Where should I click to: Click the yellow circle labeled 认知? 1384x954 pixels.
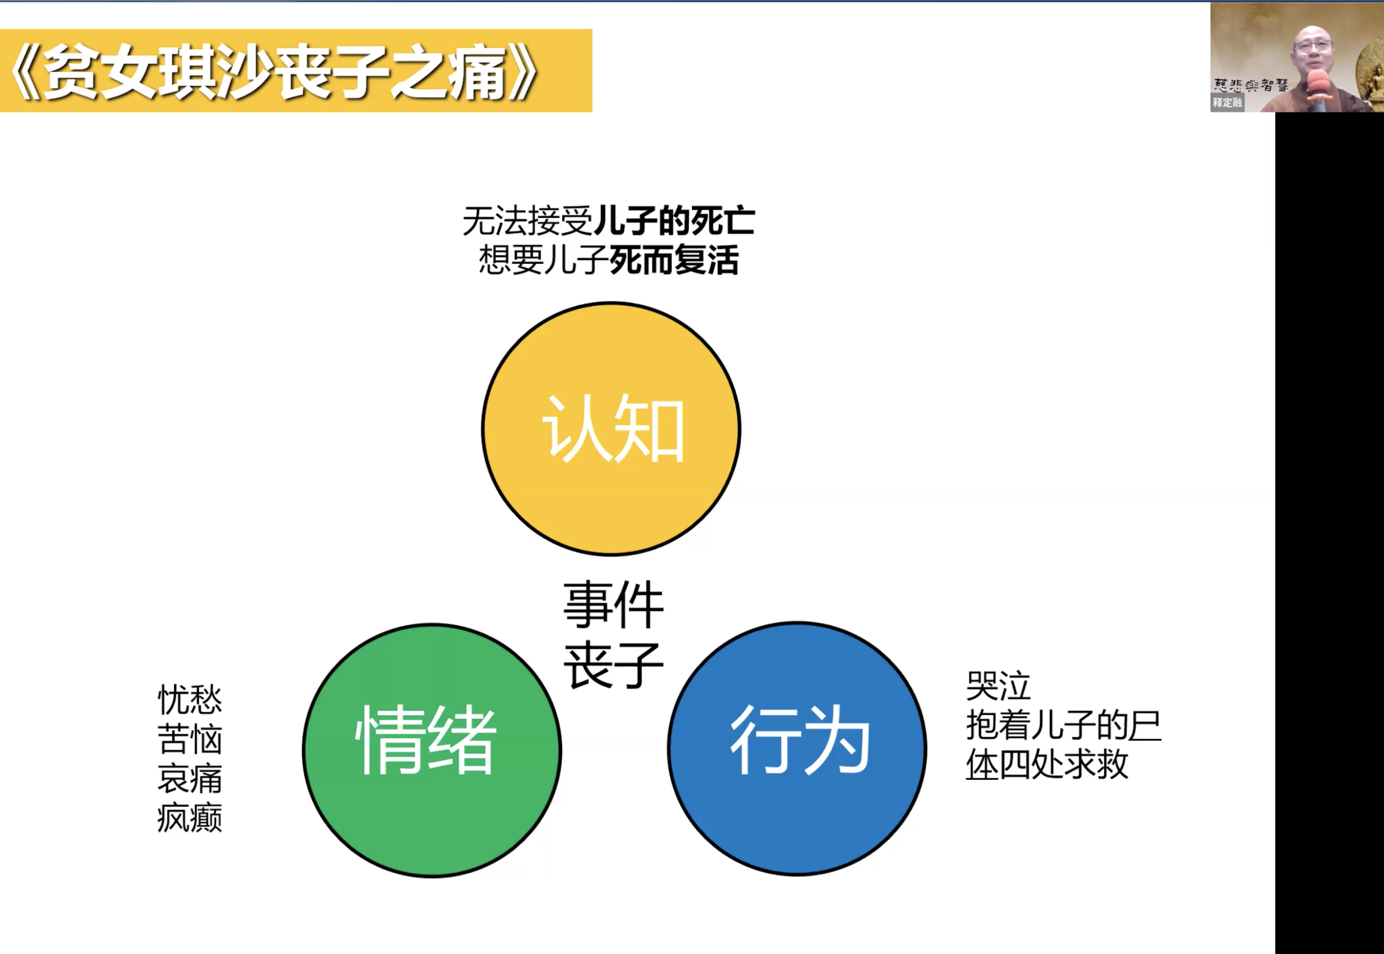click(x=611, y=428)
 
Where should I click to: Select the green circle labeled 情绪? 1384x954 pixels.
click(x=431, y=750)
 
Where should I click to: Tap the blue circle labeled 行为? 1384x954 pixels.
click(x=797, y=748)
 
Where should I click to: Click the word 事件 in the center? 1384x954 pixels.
click(x=613, y=605)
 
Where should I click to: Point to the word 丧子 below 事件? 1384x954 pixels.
click(x=613, y=665)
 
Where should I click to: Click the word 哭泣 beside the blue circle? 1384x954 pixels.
click(x=999, y=686)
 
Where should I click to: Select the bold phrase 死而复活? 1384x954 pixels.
click(x=674, y=260)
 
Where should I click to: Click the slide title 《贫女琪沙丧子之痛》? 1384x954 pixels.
click(x=275, y=72)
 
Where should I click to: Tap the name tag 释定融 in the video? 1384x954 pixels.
click(x=1227, y=103)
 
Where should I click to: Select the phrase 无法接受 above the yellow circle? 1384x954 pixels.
click(x=528, y=221)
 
